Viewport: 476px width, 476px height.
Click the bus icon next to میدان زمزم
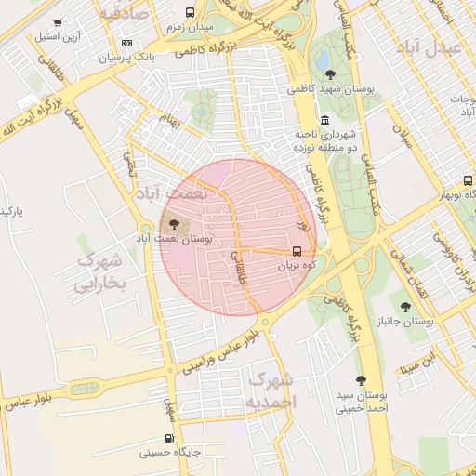click(x=190, y=13)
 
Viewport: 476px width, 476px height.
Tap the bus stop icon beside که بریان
click(x=297, y=251)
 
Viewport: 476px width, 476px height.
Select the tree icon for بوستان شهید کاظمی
click(x=330, y=74)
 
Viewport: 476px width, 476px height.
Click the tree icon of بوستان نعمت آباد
click(x=175, y=224)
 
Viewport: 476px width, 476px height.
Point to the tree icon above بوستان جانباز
click(x=404, y=307)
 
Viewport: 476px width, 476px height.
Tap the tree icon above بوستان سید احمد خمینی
click(x=361, y=380)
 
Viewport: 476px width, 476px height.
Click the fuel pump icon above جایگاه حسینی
click(x=169, y=438)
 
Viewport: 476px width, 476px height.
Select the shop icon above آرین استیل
click(x=59, y=23)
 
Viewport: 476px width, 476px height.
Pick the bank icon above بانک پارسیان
click(x=127, y=43)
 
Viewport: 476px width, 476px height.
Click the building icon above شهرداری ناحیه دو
click(x=324, y=120)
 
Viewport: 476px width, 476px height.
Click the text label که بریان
click(x=297, y=265)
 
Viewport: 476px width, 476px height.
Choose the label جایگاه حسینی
click(x=170, y=453)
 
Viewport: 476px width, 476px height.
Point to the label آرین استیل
click(x=59, y=37)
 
